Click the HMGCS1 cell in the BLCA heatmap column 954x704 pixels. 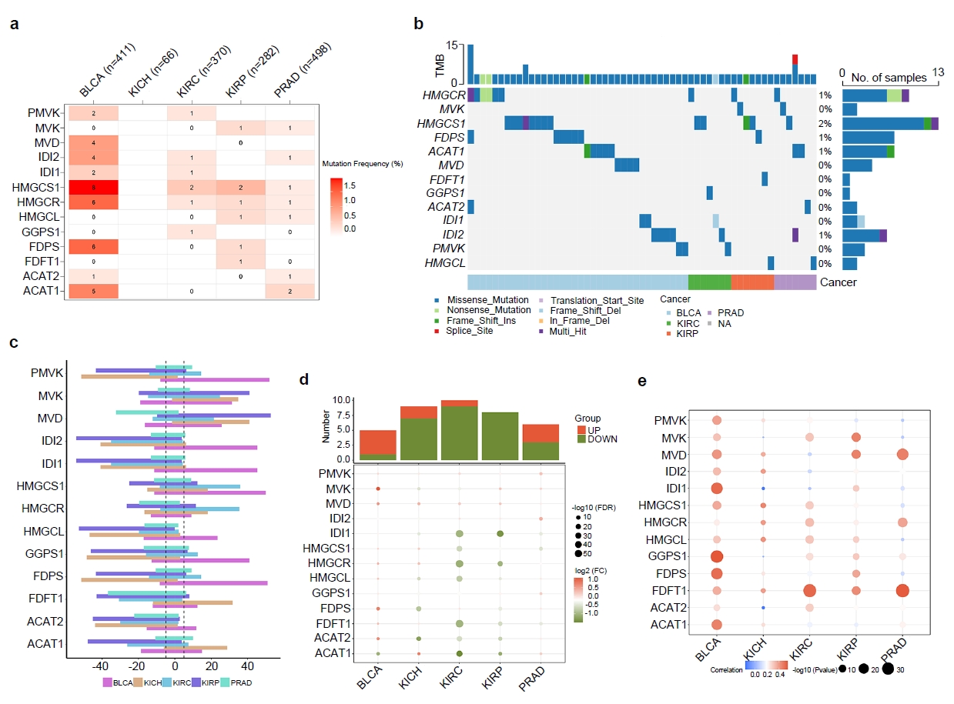pos(93,187)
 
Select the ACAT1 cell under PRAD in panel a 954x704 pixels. pos(290,291)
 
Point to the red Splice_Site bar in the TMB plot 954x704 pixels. pos(795,59)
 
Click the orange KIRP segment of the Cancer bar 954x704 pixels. pos(751,282)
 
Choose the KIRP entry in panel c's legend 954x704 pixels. pos(203,682)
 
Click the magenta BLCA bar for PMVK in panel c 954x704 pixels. pos(215,379)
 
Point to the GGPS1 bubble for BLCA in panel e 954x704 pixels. pos(717,556)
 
